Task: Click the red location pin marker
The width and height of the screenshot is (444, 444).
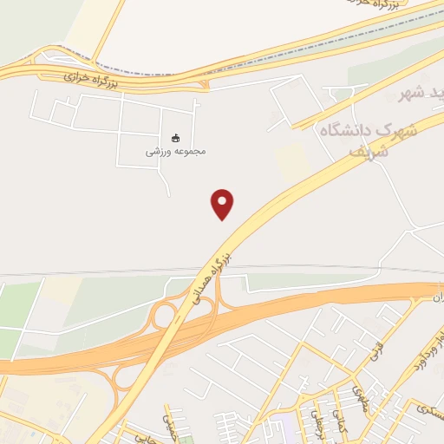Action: tap(223, 203)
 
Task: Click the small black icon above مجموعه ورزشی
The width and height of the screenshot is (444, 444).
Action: tap(176, 138)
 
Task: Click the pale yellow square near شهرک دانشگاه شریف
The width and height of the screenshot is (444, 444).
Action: tap(294, 161)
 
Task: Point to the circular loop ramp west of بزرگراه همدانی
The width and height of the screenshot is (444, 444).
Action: tap(162, 315)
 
